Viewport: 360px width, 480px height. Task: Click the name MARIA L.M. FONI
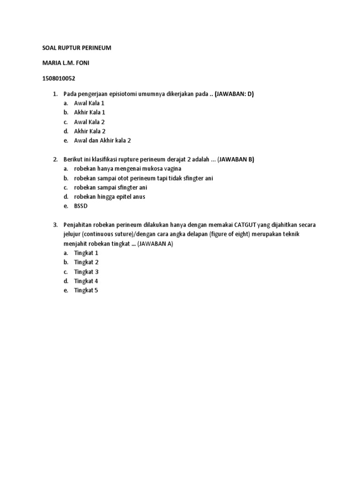[x=65, y=63]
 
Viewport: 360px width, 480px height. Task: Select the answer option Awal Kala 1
[x=89, y=103]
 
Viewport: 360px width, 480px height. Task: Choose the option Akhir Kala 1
[x=90, y=112]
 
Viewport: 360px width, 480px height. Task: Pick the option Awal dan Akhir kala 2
[x=103, y=140]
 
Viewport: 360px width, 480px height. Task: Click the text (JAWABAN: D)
[x=234, y=94]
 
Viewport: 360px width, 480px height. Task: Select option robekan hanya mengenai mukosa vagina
[x=127, y=168]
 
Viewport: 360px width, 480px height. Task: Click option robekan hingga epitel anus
[x=110, y=197]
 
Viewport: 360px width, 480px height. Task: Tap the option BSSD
[x=81, y=206]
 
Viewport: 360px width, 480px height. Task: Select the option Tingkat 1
[x=86, y=253]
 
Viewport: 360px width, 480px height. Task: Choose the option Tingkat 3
[x=86, y=272]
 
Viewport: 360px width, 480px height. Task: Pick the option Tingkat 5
[x=86, y=291]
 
